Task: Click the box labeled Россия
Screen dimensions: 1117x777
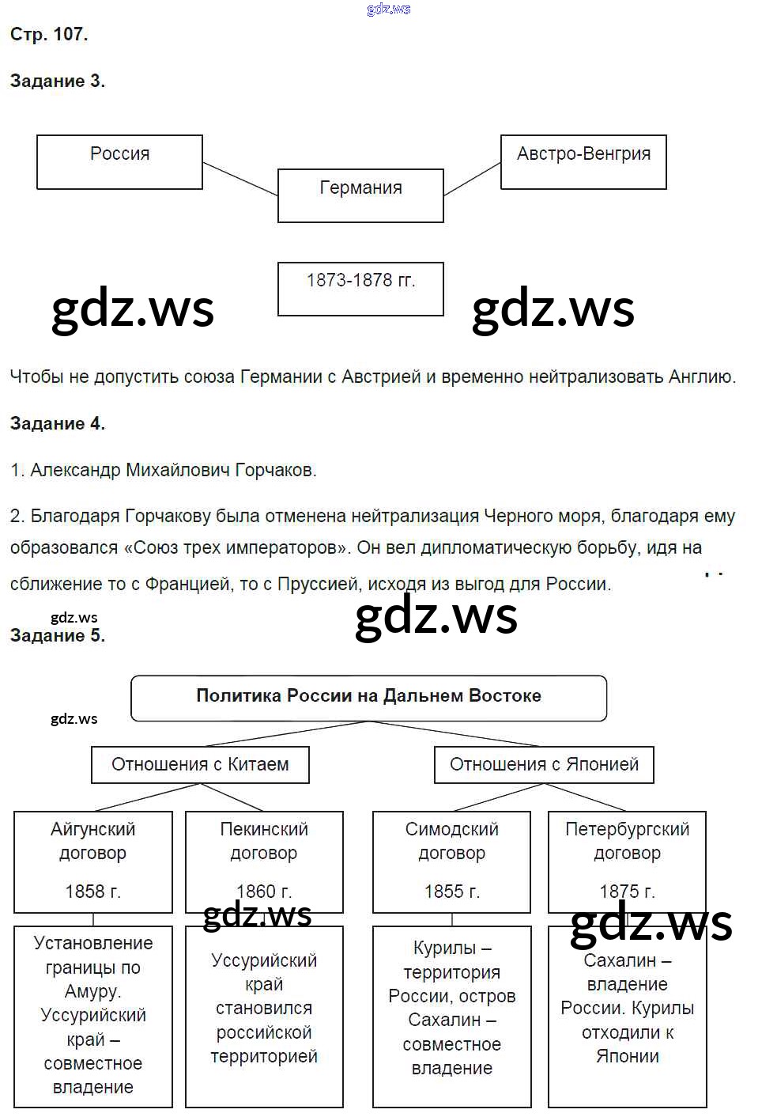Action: pos(119,162)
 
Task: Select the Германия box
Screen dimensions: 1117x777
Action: pos(360,195)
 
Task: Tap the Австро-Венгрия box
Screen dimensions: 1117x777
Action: pos(583,162)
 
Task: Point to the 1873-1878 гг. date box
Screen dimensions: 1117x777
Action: pos(360,289)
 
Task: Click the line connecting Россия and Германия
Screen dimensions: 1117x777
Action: pos(240,179)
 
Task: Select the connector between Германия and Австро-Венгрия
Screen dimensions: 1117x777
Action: pos(472,179)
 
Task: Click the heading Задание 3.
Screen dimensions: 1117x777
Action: pos(57,81)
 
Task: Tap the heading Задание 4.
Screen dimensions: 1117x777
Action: pos(57,423)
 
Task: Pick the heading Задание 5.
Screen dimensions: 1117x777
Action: pos(57,635)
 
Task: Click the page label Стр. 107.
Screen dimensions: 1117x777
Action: pos(49,34)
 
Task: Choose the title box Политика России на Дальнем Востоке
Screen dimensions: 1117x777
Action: pos(368,697)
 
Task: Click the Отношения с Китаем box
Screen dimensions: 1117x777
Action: pos(200,765)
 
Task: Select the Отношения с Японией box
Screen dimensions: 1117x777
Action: pos(544,765)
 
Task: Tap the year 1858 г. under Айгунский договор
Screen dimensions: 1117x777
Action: pos(92,892)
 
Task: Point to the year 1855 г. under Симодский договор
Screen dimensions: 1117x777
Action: pos(451,892)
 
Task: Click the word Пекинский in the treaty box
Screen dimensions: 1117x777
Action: pos(264,829)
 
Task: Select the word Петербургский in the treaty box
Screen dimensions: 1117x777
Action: pos(627,829)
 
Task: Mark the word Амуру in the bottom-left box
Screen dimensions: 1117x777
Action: pos(92,991)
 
